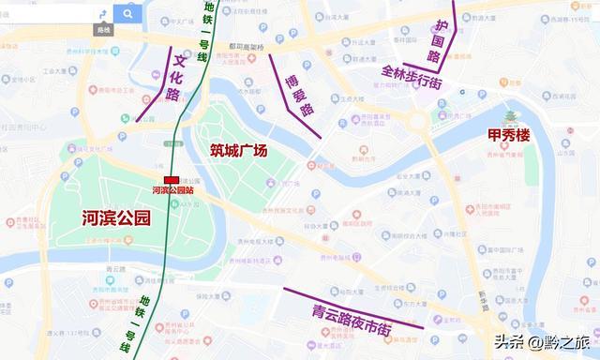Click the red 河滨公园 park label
tap(116, 218)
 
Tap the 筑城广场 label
tap(239, 150)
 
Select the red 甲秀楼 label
tap(509, 136)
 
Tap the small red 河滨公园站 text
tap(172, 190)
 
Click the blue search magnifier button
tap(127, 13)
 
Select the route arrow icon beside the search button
tap(99, 20)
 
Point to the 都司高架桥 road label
tap(247, 46)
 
